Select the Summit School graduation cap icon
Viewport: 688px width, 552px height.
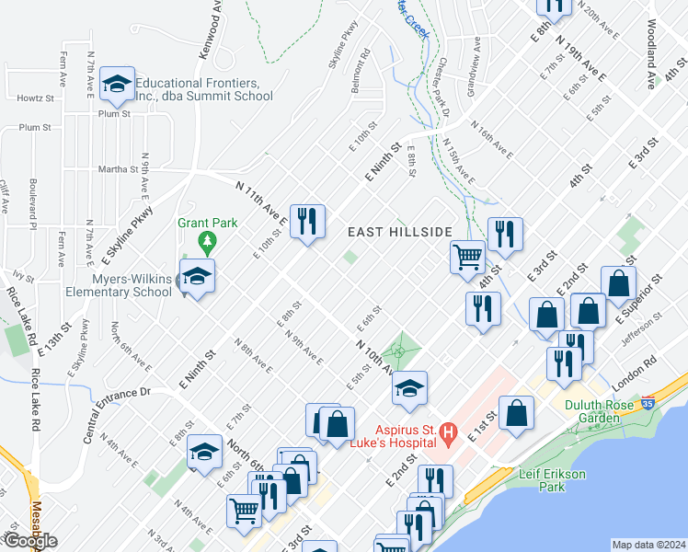point(117,84)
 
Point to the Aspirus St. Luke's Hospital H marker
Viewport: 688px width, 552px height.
point(448,431)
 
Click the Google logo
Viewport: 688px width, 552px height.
point(29,541)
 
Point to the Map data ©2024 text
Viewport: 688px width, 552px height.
point(648,545)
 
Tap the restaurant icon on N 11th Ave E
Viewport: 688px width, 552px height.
point(307,220)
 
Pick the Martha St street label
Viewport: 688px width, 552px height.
point(120,169)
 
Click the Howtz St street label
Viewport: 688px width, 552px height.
point(35,97)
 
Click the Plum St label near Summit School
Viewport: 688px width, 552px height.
point(115,114)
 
